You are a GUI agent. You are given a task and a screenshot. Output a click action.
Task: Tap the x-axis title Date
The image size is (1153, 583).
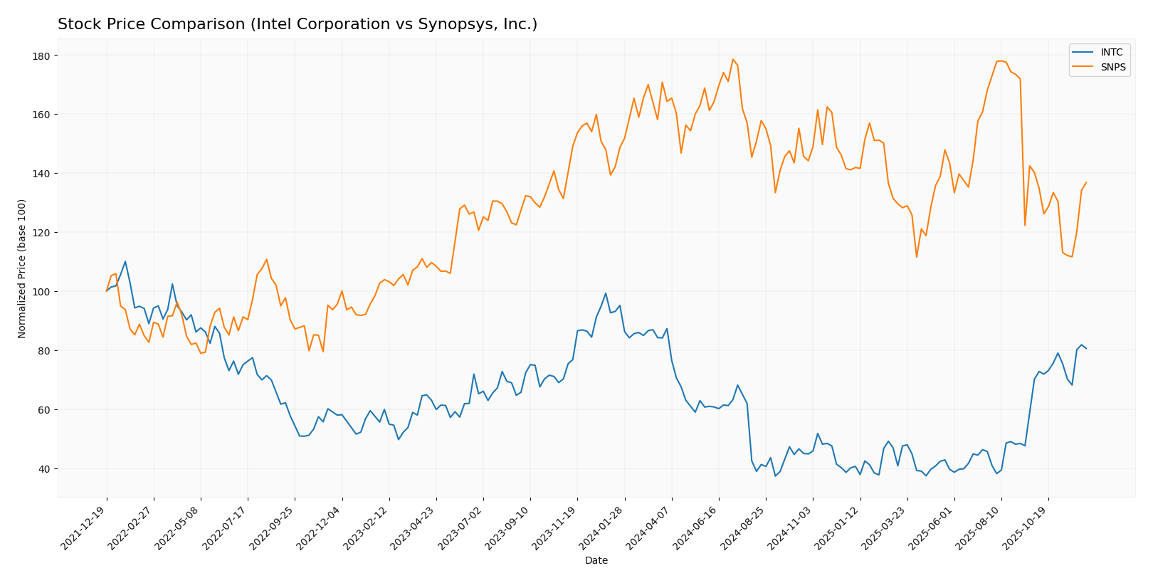[x=596, y=561]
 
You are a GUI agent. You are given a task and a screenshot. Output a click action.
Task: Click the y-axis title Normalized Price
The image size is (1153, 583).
[x=22, y=268]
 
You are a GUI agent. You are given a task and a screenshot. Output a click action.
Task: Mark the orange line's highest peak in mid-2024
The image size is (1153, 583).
[x=732, y=59]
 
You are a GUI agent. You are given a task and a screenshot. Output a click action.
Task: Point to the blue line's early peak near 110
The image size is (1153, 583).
[x=125, y=261]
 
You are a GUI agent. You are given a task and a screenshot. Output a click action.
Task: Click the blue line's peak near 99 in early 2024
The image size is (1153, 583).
[x=606, y=293]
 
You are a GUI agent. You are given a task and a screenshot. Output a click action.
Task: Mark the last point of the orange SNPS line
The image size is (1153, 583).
[x=1086, y=182]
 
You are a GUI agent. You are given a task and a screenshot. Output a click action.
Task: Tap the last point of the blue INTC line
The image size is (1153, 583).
[x=1086, y=349]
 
